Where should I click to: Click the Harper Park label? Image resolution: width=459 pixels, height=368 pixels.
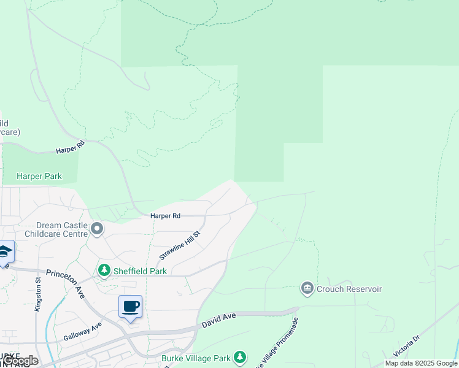(39, 176)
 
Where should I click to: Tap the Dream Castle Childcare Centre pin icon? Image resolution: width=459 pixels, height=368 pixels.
(97, 229)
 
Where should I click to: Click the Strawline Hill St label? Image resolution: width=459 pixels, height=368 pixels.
(180, 245)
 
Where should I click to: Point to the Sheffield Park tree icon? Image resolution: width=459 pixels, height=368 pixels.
(104, 270)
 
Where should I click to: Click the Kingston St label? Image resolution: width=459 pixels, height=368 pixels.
(38, 294)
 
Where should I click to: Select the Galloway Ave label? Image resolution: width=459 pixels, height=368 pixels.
(82, 333)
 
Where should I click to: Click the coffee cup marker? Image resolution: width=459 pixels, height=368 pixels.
(130, 306)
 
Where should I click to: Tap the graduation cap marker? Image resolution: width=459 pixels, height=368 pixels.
(4, 252)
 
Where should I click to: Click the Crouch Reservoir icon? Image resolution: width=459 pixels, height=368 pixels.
(307, 288)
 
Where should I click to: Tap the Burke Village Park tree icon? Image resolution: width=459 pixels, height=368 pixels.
(240, 357)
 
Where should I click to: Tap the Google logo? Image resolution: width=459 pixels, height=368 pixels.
(20, 361)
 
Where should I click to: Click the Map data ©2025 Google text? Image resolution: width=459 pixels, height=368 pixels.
(421, 363)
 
